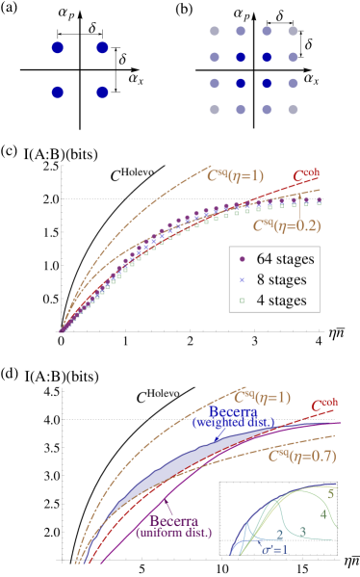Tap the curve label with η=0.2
(286, 226)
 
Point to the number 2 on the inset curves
(278, 535)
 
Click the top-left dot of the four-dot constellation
(57, 47)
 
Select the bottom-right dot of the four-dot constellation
(102, 92)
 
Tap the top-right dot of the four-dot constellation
(102, 47)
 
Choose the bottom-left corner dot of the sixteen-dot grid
(214, 108)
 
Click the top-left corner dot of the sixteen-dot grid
(214, 32)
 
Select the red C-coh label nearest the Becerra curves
(324, 407)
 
